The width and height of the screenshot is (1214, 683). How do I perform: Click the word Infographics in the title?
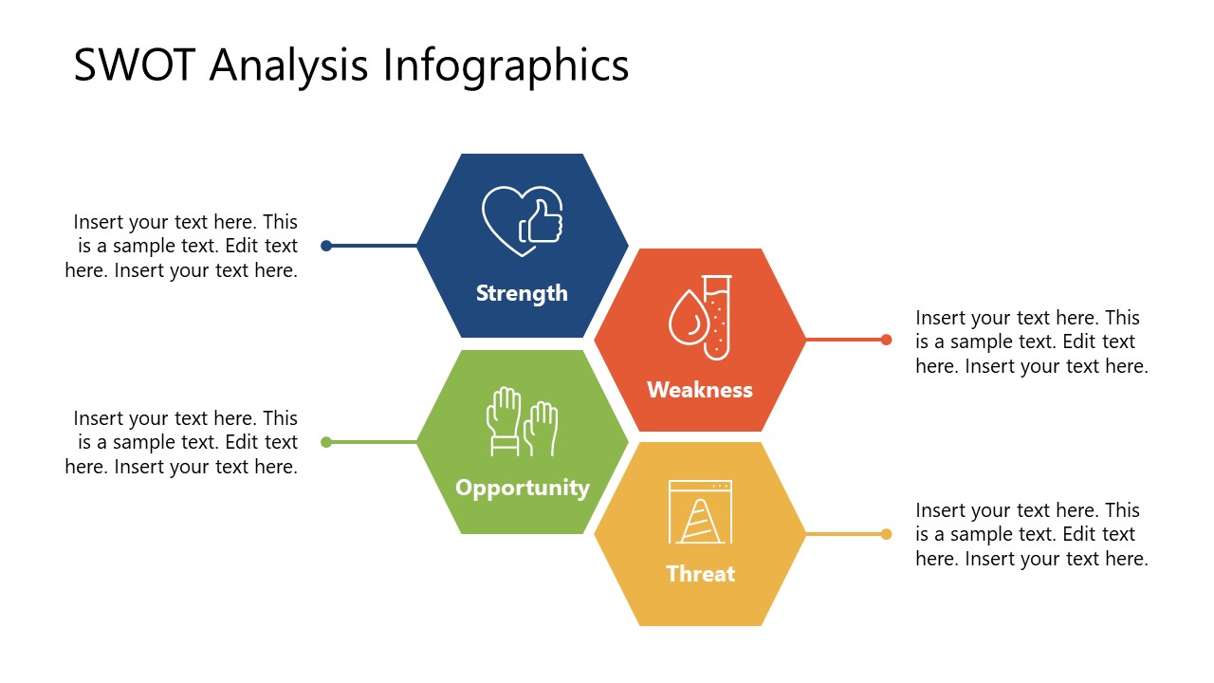pyautogui.click(x=506, y=66)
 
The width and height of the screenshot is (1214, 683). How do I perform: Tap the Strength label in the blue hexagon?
pyautogui.click(x=522, y=293)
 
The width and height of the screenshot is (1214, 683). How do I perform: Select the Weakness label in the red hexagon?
pyautogui.click(x=700, y=390)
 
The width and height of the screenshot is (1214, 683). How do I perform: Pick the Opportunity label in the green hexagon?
pyautogui.click(x=523, y=488)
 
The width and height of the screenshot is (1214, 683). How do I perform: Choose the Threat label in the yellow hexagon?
pyautogui.click(x=701, y=574)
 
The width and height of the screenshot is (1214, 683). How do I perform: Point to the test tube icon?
pyautogui.click(x=717, y=317)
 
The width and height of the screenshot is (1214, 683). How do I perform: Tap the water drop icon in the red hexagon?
pyautogui.click(x=686, y=318)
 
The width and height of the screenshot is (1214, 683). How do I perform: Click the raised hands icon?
pyautogui.click(x=522, y=421)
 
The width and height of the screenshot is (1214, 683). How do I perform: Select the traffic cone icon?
pyautogui.click(x=701, y=521)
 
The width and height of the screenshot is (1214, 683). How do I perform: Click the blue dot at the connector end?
pyautogui.click(x=326, y=246)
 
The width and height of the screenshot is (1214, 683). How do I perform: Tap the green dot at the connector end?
pyautogui.click(x=326, y=442)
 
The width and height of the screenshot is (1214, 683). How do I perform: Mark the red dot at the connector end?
pyautogui.click(x=886, y=340)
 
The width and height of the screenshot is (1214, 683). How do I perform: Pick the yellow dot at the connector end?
pyautogui.click(x=886, y=534)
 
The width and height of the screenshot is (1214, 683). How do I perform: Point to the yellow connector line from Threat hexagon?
pyautogui.click(x=844, y=534)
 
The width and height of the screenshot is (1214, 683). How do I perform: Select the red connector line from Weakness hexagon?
pyautogui.click(x=844, y=340)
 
